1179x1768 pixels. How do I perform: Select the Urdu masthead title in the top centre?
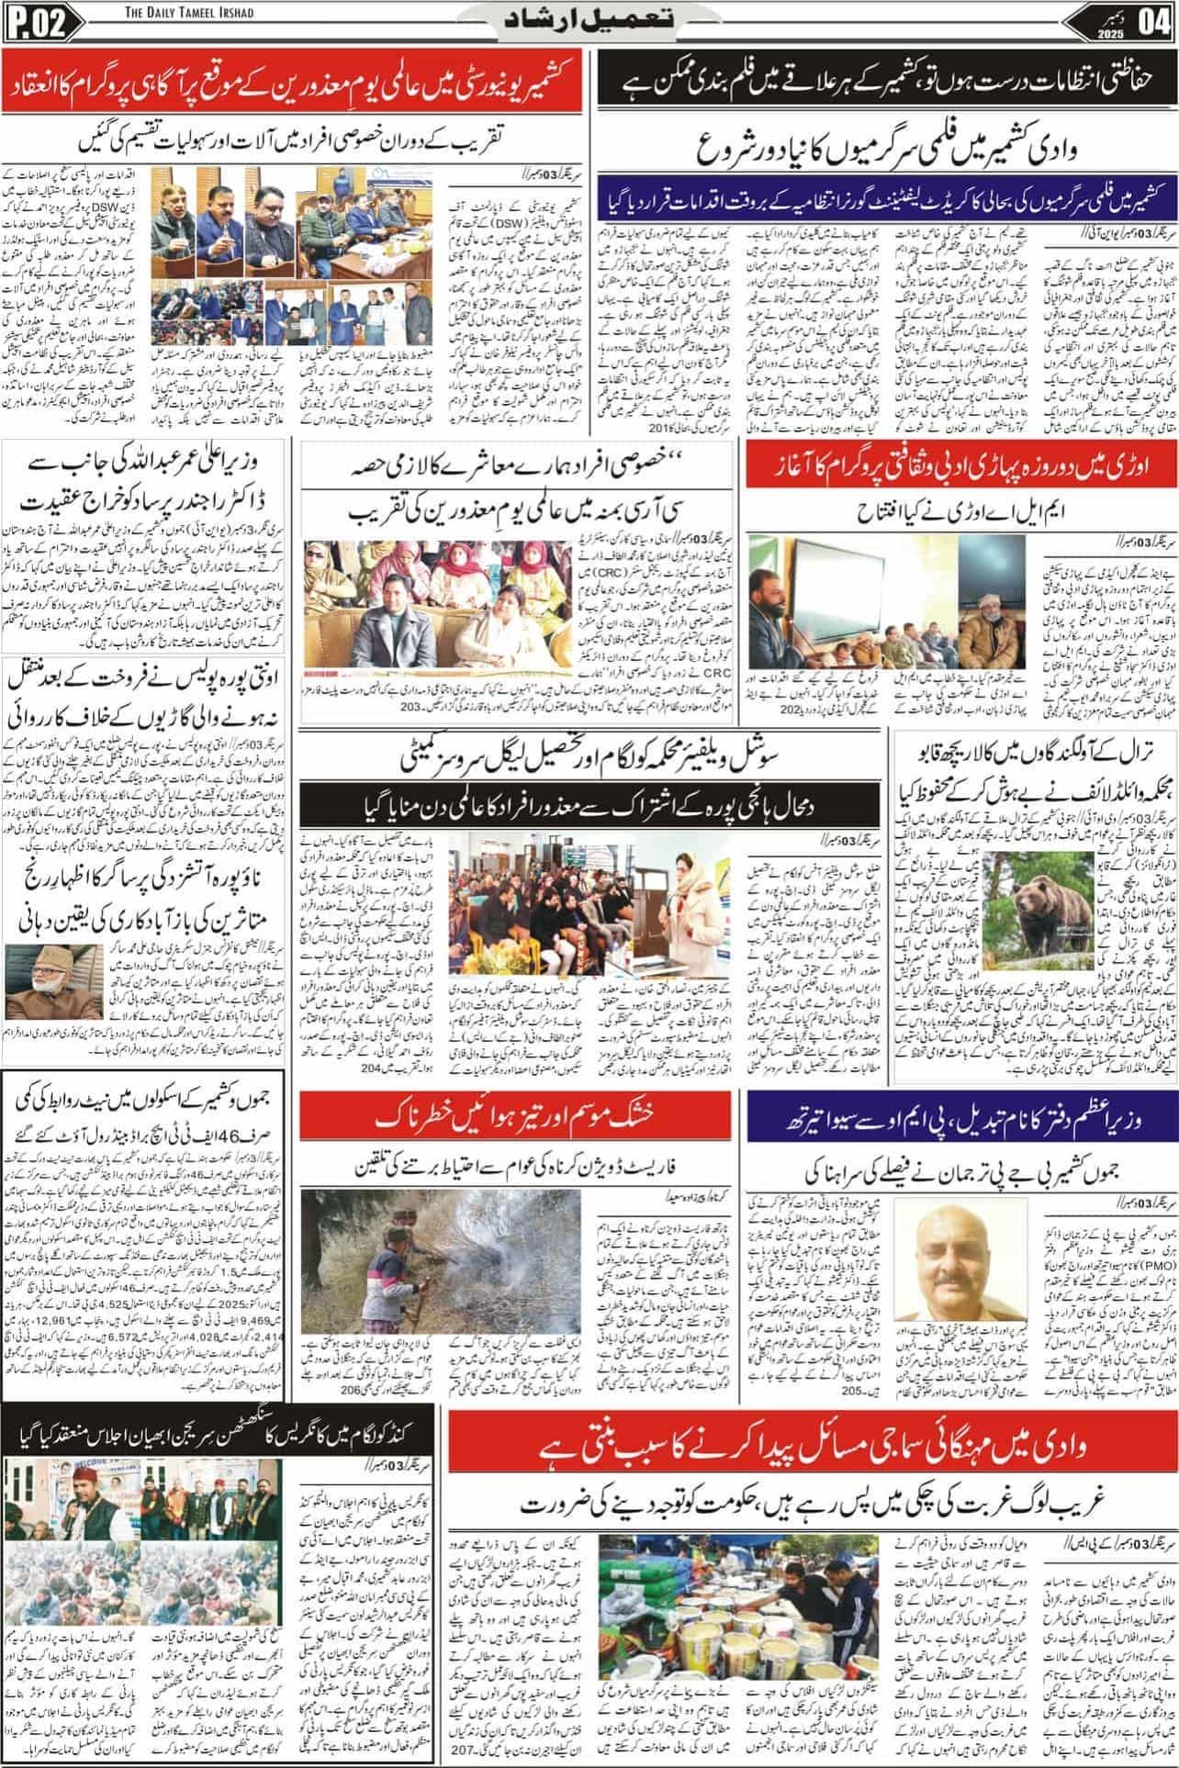point(589,21)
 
